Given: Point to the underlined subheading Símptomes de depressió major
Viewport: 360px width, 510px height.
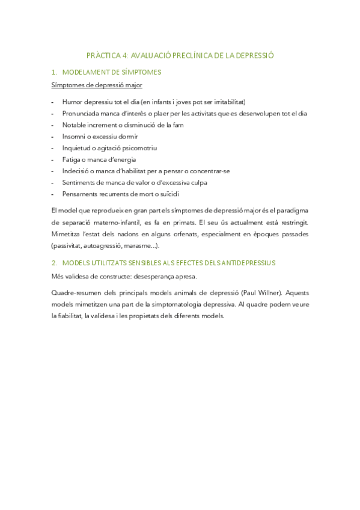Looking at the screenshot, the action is (96, 85).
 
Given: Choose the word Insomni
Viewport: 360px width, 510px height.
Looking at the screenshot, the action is (73, 136).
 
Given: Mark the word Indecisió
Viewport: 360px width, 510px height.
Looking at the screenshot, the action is (75, 171).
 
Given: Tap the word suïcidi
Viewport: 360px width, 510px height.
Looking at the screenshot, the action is (168, 194).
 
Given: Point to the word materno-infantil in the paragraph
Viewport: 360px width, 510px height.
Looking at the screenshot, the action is (116, 223).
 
